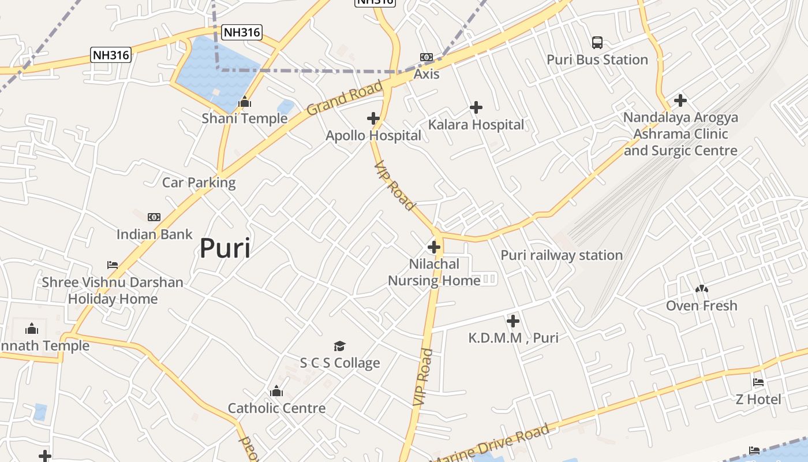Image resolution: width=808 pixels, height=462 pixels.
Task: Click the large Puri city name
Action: click(x=225, y=248)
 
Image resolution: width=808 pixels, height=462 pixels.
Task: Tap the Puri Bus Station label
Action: click(x=597, y=59)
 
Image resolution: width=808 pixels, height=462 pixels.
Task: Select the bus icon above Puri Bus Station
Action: click(x=597, y=43)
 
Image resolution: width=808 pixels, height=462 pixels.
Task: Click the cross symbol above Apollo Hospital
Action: click(x=373, y=119)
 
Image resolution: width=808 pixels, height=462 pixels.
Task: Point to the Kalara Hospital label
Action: click(x=476, y=125)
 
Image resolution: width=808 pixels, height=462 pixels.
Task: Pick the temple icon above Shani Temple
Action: click(x=245, y=102)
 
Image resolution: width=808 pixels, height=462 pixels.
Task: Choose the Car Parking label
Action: click(x=199, y=182)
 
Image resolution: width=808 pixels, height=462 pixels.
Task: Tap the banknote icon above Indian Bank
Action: click(x=154, y=217)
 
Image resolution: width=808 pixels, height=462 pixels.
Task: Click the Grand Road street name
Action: click(x=345, y=99)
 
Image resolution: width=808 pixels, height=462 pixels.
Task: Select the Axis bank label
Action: click(x=427, y=74)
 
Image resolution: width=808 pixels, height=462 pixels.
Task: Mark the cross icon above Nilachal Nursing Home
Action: click(x=434, y=248)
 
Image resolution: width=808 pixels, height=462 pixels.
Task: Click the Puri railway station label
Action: click(x=562, y=255)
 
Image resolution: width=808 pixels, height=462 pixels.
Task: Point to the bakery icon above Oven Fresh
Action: click(x=702, y=289)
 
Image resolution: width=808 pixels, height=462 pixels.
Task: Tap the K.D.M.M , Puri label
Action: click(x=514, y=338)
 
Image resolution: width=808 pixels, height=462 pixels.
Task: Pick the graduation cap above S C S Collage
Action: click(x=340, y=346)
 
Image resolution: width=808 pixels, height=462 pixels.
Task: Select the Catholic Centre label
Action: click(x=276, y=408)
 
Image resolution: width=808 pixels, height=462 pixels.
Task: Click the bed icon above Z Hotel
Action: click(x=758, y=382)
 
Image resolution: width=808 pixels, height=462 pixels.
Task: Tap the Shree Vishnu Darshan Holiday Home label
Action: click(x=113, y=290)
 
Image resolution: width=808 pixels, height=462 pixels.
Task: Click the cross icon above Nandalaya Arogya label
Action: click(x=680, y=100)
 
